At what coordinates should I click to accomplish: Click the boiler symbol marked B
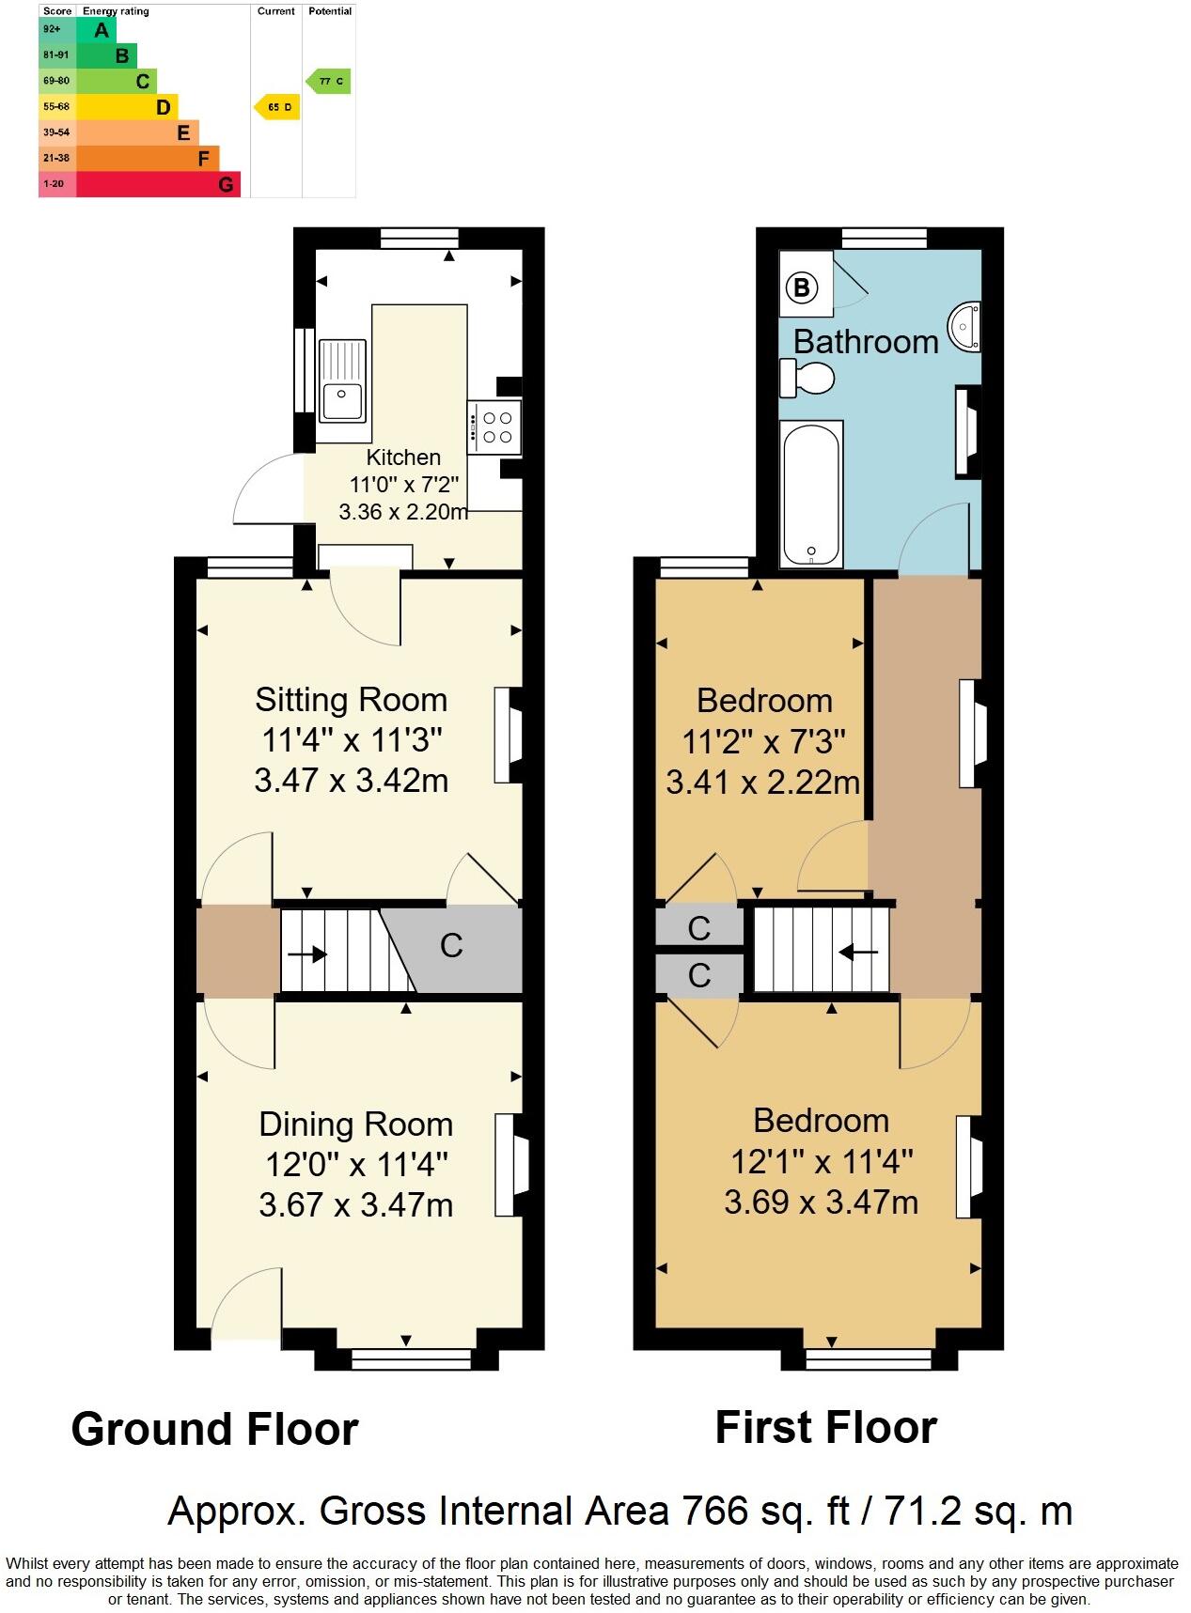click(x=802, y=287)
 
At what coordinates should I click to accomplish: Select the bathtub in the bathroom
click(x=811, y=493)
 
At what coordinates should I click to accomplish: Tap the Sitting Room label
click(x=351, y=700)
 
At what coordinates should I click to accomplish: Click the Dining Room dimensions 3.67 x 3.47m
click(x=356, y=1204)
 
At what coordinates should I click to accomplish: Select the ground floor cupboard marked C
click(x=451, y=945)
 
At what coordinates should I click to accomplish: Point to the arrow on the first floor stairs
click(x=857, y=953)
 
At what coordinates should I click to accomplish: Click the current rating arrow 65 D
click(x=277, y=107)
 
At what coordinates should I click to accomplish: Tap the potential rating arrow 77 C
click(x=329, y=82)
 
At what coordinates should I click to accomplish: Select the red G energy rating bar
click(x=158, y=184)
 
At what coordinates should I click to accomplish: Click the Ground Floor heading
click(x=214, y=1429)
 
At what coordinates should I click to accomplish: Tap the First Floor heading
click(x=825, y=1427)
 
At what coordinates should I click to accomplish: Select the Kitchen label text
click(x=403, y=458)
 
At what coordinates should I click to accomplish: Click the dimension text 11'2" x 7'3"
click(x=763, y=742)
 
